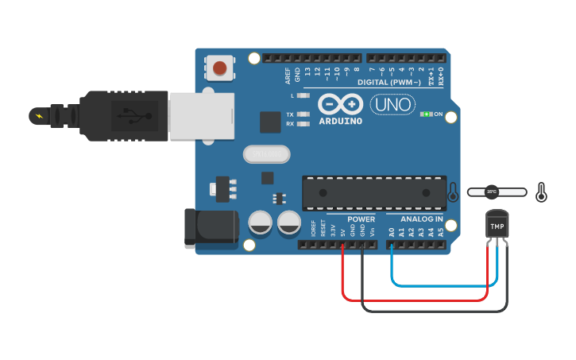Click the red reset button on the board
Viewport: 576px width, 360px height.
pyautogui.click(x=219, y=68)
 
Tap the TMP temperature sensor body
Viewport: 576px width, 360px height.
pyautogui.click(x=497, y=226)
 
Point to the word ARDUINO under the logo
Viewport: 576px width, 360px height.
pyautogui.click(x=340, y=122)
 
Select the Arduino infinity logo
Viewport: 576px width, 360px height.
pyautogui.click(x=341, y=104)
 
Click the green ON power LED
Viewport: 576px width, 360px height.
pyautogui.click(x=427, y=114)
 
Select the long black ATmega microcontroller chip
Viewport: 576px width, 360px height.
pyautogui.click(x=373, y=193)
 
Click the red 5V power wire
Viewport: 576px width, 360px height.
pyautogui.click(x=413, y=300)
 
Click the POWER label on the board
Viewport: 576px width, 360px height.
pyautogui.click(x=361, y=219)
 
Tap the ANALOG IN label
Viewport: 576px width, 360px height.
pyautogui.click(x=422, y=219)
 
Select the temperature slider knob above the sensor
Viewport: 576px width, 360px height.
pyautogui.click(x=492, y=192)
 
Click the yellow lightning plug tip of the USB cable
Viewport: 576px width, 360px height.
pyautogui.click(x=37, y=117)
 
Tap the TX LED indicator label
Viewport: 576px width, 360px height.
pyautogui.click(x=290, y=114)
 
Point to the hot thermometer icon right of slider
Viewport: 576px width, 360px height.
pyautogui.click(x=542, y=192)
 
